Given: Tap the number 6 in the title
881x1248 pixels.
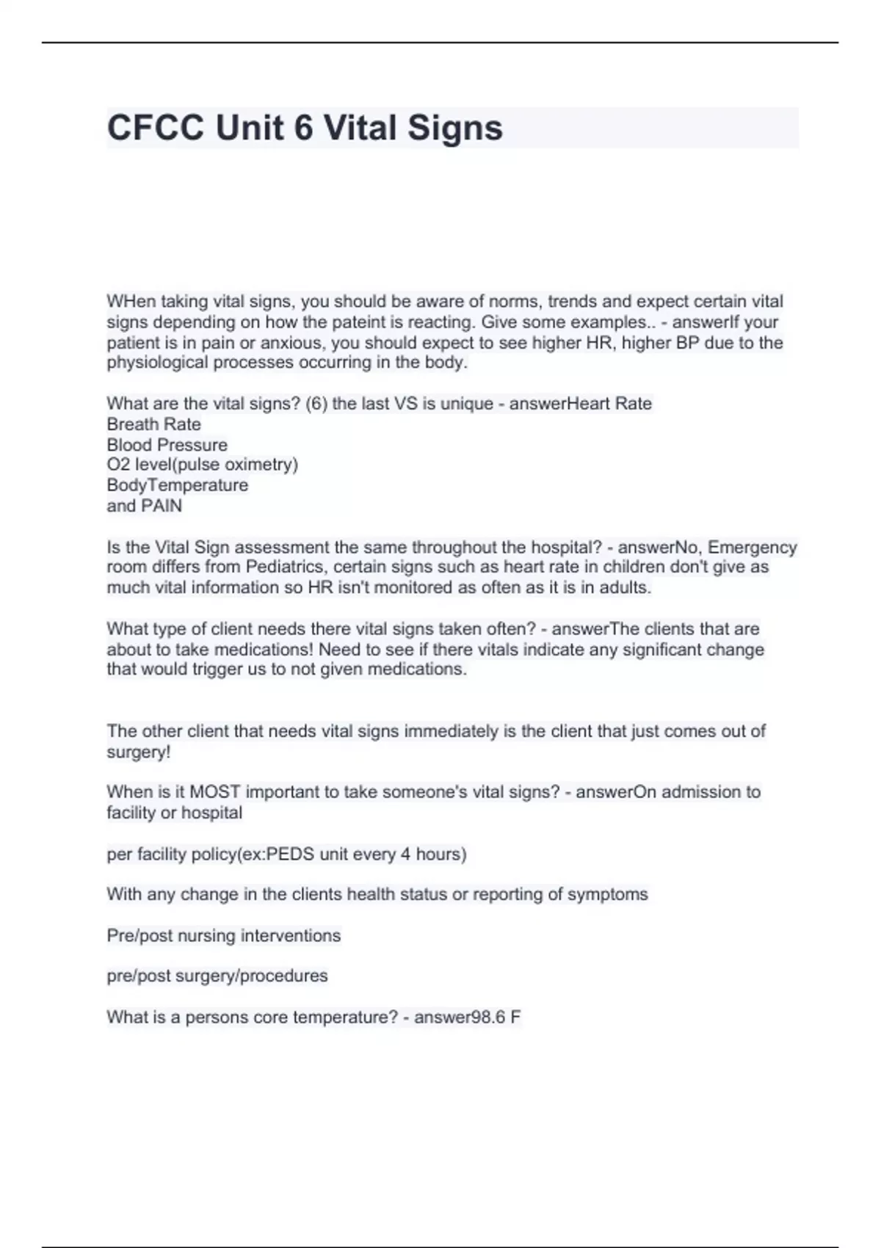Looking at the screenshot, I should (303, 128).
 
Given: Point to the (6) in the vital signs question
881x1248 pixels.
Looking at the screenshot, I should (316, 404).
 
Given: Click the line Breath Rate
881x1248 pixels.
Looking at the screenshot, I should (153, 424).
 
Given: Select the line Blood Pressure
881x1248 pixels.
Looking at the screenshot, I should (167, 445).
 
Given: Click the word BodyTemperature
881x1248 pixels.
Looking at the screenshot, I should (177, 485).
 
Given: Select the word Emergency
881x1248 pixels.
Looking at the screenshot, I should (752, 548).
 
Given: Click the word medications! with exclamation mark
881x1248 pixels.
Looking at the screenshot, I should (267, 650).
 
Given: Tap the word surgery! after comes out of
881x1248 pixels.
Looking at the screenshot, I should (138, 752).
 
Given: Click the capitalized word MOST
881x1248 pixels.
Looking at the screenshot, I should (214, 792).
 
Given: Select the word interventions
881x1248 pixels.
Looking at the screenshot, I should (291, 936).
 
